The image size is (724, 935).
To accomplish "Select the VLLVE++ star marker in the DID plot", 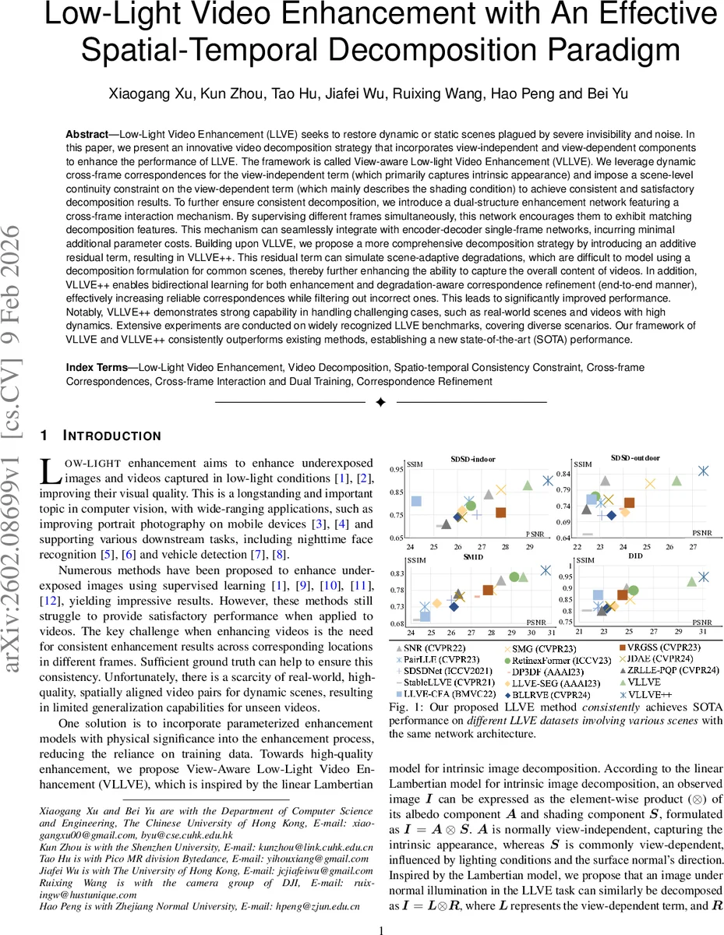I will pos(703,577).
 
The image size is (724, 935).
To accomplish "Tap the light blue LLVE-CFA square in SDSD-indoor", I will pos(416,501).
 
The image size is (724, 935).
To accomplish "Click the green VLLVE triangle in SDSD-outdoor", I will pos(676,481).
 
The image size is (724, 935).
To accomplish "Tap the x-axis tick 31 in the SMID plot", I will pos(551,634).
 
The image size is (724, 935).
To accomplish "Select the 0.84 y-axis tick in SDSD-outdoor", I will pos(585,474).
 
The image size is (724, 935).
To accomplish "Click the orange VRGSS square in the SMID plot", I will pos(488,590).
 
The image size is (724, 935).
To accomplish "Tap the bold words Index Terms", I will pos(101,366).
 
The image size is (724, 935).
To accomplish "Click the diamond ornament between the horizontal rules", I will pos(380,402).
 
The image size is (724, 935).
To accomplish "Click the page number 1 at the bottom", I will pos(380,929).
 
